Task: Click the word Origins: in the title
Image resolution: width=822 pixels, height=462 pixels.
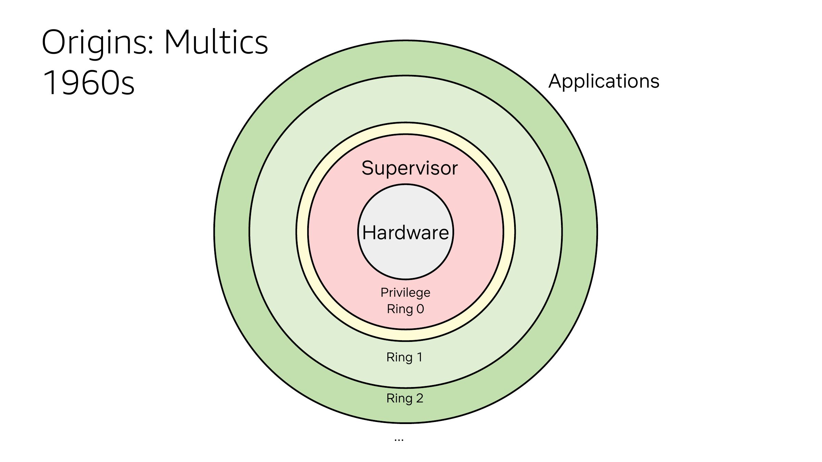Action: pos(98,43)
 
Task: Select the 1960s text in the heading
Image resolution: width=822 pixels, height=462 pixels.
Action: pos(89,82)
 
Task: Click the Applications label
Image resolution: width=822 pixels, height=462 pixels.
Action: pos(604,81)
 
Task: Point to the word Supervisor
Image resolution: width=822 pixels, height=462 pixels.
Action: pos(410,168)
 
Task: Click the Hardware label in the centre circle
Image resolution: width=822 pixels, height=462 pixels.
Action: pos(406,233)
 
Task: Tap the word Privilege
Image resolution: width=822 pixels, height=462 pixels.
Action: pos(405,293)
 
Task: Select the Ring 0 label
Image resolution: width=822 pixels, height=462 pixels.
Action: pos(406,309)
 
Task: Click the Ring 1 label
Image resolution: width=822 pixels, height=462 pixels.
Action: pos(404,357)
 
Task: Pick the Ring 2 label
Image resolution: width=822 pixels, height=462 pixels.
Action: pos(405,398)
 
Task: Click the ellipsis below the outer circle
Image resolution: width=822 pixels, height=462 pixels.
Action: pos(399,440)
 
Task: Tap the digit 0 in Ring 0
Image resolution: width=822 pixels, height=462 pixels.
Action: pos(420,309)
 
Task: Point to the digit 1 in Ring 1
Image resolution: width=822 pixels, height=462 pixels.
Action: pos(420,357)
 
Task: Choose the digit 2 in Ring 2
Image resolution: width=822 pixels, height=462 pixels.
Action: pos(420,398)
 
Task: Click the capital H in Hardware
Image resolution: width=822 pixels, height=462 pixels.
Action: pos(369,233)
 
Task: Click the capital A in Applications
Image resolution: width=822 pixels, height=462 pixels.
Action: pos(556,81)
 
